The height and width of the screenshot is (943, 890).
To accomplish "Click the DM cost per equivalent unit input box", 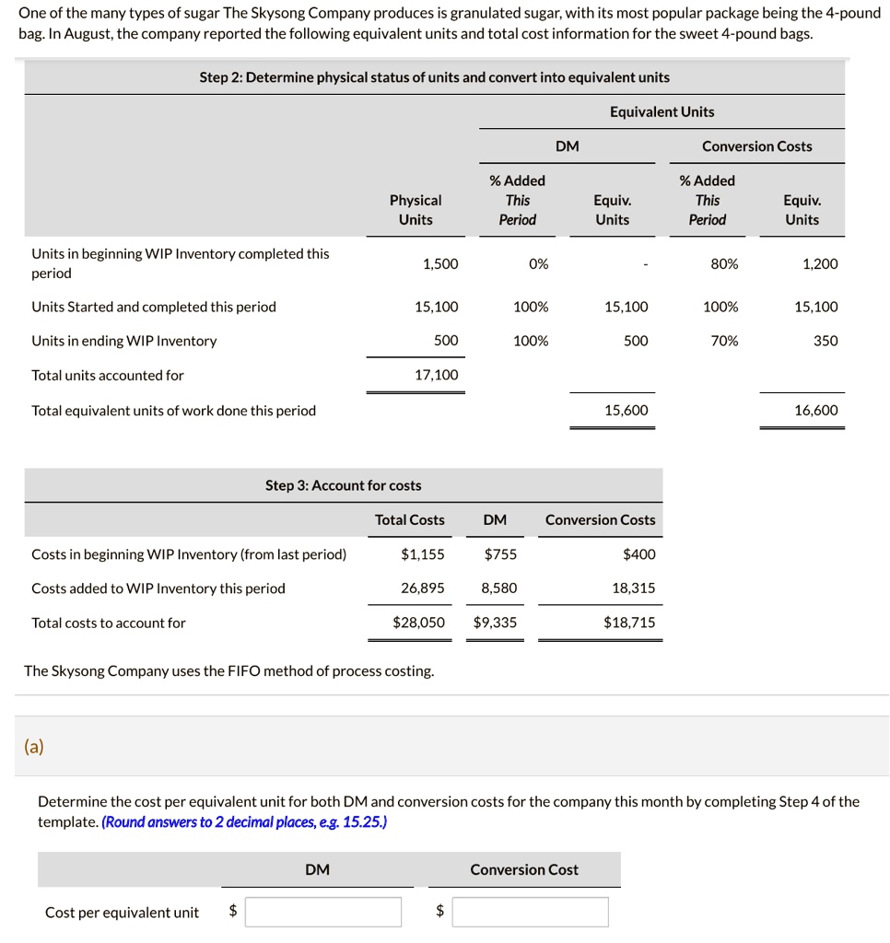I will (x=322, y=912).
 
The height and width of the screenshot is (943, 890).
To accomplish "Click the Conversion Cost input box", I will (x=530, y=912).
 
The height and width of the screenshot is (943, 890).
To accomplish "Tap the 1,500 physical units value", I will (x=439, y=263).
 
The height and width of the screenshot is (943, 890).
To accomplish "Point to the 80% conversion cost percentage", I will (x=724, y=263).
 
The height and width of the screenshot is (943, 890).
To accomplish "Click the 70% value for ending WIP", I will (x=724, y=341).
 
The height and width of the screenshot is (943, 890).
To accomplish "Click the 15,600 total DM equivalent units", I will (x=626, y=410).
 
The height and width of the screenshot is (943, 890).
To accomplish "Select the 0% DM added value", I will (x=539, y=263).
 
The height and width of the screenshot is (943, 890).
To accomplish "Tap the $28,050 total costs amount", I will (x=418, y=623).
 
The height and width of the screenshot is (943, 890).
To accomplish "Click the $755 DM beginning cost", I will (x=500, y=553).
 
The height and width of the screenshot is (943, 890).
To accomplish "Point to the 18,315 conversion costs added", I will (x=634, y=588).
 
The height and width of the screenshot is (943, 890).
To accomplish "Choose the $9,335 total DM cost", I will (x=495, y=623).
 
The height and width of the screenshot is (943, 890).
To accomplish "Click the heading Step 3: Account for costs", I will (x=343, y=485).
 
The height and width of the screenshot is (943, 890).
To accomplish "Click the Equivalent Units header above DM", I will (x=662, y=111).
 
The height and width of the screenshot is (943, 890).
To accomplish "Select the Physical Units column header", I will (x=416, y=209).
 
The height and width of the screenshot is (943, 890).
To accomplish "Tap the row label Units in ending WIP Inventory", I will (x=124, y=341).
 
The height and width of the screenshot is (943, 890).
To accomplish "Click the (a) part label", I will (x=33, y=747).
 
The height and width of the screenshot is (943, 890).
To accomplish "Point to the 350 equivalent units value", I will (x=826, y=341).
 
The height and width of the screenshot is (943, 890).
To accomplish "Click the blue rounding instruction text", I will (x=244, y=821).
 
